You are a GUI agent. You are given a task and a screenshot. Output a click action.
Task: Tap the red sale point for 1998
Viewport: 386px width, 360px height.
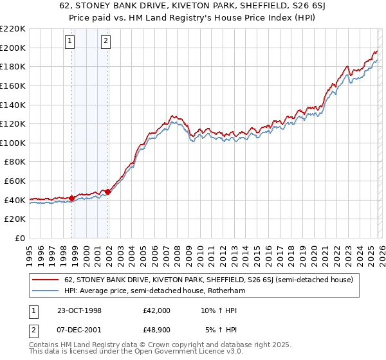point(72,198)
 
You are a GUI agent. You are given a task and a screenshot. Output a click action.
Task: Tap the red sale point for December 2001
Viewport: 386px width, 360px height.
point(107,192)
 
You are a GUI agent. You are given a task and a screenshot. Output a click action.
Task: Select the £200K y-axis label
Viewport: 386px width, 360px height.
point(13,48)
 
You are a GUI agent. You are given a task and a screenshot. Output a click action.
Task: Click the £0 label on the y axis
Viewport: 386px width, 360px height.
point(19,238)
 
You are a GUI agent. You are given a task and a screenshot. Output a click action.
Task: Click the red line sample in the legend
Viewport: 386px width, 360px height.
point(46,280)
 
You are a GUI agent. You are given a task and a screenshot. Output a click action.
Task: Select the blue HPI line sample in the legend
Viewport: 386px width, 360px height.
point(46,291)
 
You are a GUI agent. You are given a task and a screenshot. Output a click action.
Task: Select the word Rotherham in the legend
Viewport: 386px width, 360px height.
point(225,291)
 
